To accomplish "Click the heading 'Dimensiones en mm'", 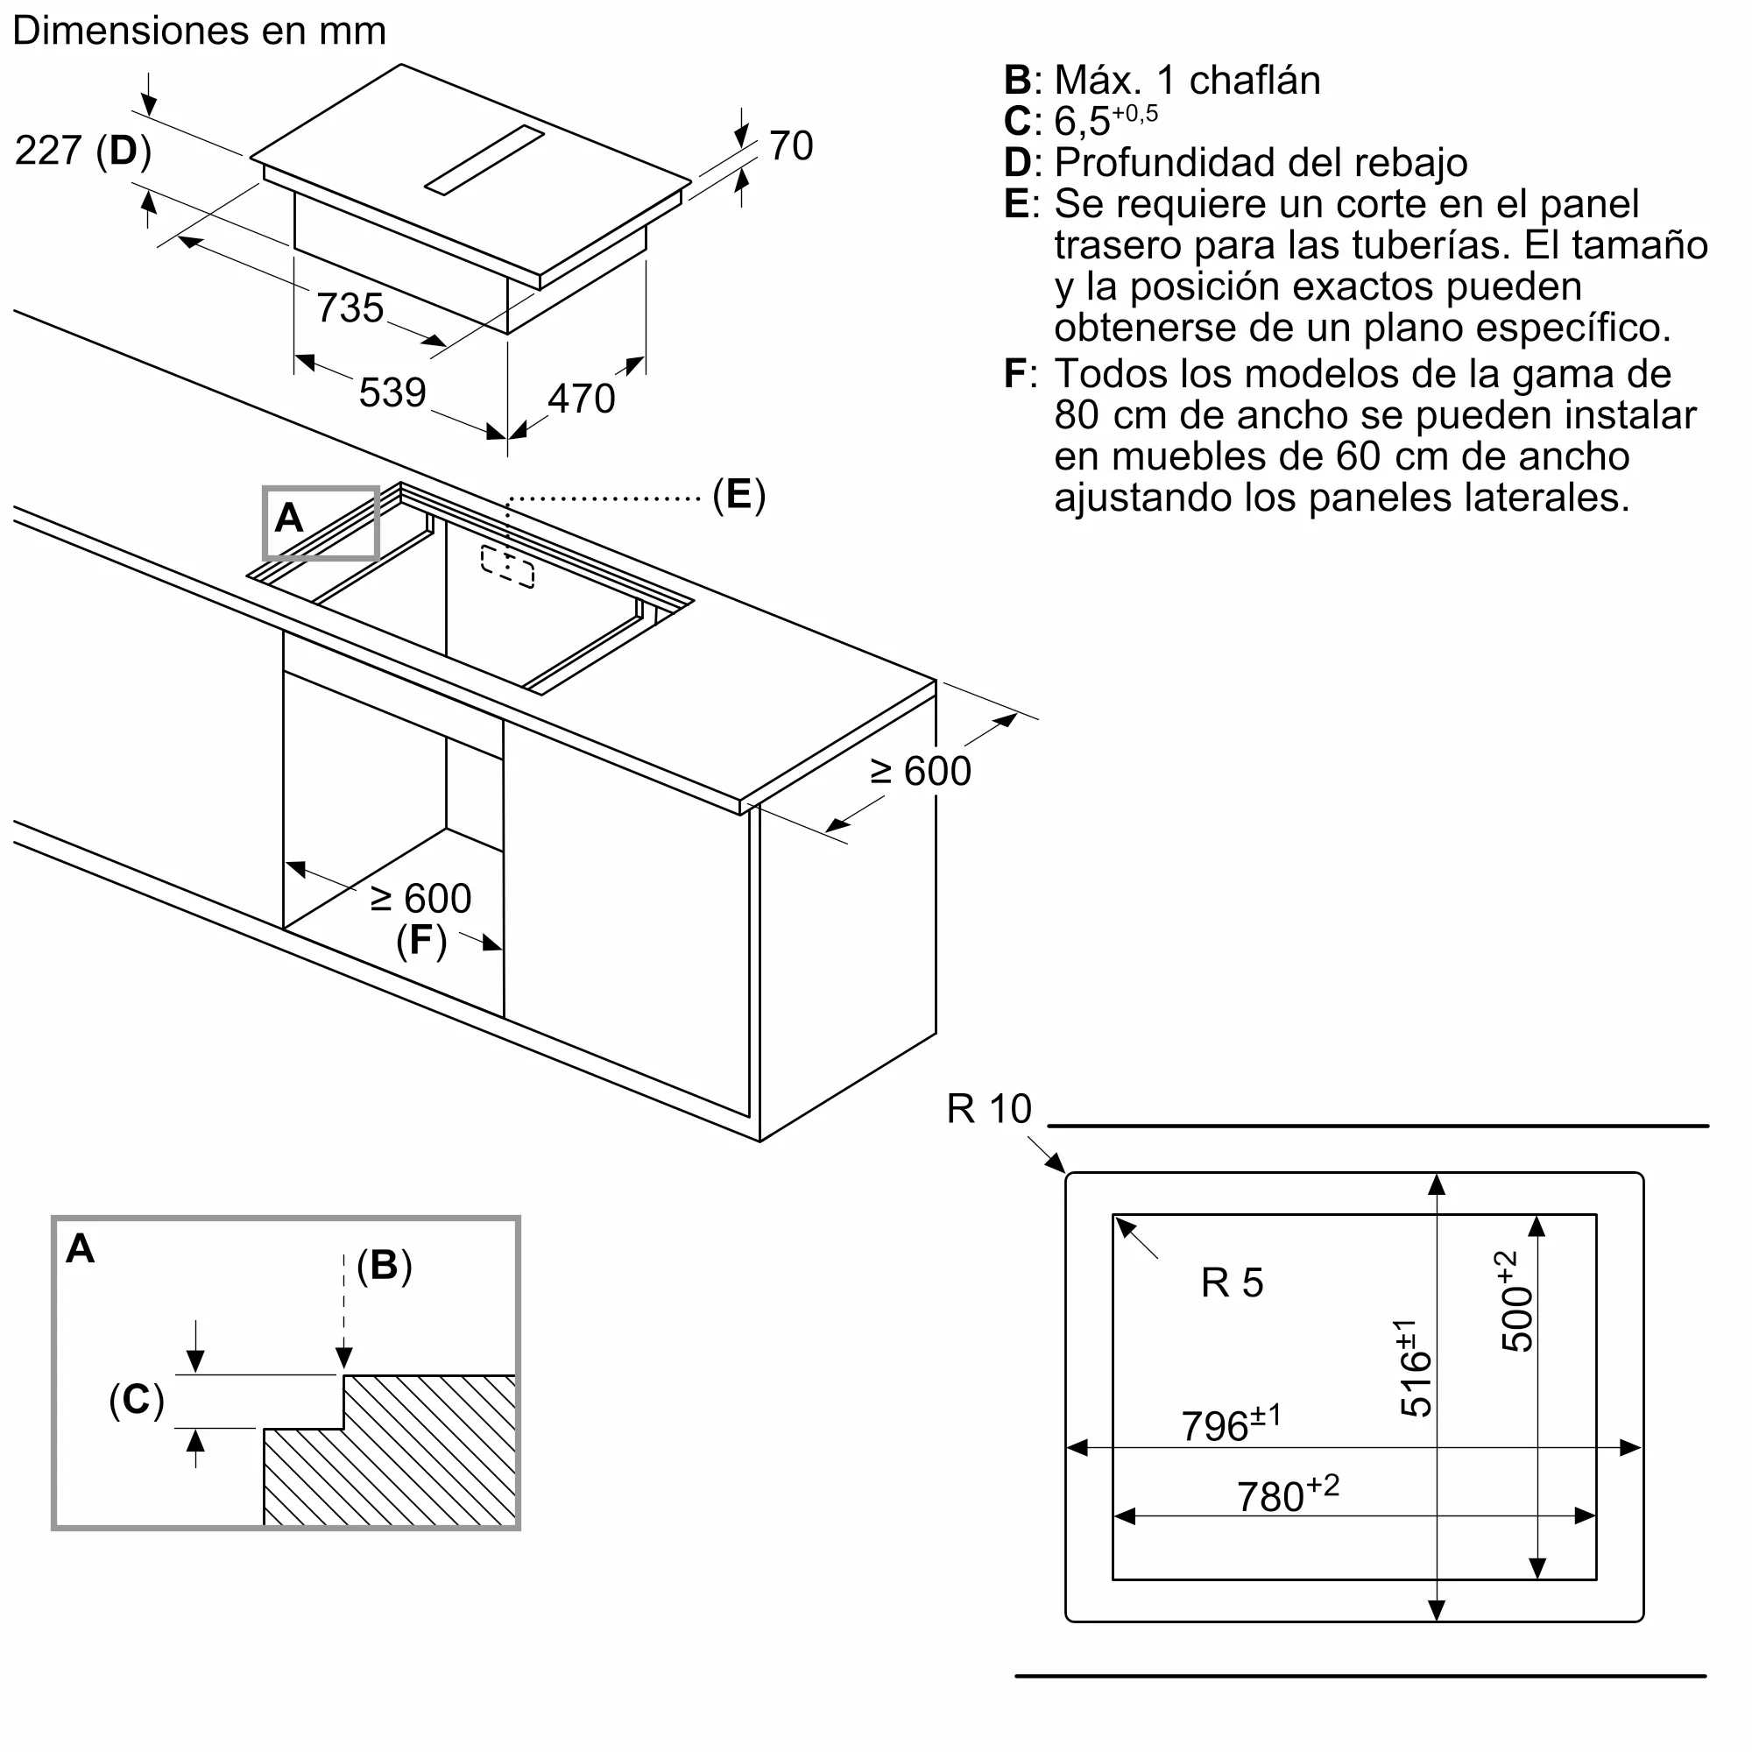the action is tap(200, 31).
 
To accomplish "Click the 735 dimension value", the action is tap(350, 308).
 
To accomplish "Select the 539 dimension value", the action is tap(392, 392).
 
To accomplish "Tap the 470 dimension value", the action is tap(582, 399).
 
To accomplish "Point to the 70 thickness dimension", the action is tap(791, 146).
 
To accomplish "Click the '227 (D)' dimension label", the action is tap(83, 151).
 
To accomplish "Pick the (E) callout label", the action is tap(739, 495).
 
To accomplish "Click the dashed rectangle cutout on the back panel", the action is tap(507, 567).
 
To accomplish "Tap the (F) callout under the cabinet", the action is tap(421, 940).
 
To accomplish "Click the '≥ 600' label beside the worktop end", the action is tap(921, 772).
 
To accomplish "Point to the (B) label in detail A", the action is tap(385, 1266).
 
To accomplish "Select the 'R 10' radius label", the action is tap(989, 1109).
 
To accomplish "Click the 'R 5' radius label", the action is tap(1233, 1283).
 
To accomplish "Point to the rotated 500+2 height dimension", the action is tap(1516, 1302).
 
